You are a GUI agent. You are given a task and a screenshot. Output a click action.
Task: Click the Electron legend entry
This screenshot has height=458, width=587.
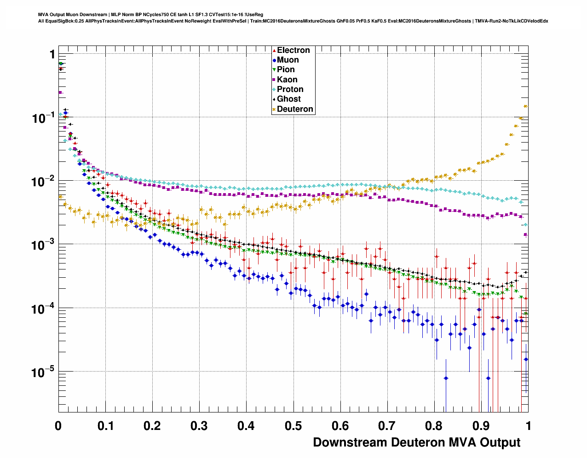tap(293, 50)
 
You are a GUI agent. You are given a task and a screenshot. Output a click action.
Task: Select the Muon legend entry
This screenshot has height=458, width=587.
tap(288, 60)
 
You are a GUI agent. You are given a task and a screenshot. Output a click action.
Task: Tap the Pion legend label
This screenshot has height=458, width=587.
tap(286, 69)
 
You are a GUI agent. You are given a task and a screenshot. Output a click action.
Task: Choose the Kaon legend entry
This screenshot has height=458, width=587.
tap(287, 80)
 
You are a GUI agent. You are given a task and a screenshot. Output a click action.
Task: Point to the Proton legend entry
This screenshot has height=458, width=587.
tap(290, 89)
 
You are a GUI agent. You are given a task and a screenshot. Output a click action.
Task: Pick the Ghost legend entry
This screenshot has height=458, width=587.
tap(288, 99)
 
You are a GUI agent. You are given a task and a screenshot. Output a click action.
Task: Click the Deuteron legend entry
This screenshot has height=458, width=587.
tap(295, 109)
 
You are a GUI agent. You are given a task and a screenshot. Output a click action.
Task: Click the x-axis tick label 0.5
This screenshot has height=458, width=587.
tap(293, 426)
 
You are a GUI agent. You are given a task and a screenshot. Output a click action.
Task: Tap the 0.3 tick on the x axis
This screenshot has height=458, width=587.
tap(199, 426)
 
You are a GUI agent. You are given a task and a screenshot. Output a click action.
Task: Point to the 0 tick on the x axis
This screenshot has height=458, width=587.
tap(58, 426)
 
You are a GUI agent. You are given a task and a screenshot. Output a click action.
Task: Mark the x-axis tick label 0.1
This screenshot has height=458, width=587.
tap(105, 426)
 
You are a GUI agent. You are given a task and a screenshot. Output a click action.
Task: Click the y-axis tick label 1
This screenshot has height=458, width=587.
tap(52, 55)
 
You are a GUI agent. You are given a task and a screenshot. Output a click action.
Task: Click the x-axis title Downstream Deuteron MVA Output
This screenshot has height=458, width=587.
tap(416, 442)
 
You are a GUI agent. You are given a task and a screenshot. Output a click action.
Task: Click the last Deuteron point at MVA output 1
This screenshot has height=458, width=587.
tap(526, 106)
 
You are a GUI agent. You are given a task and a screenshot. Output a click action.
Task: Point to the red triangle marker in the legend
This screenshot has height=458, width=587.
tap(274, 50)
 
